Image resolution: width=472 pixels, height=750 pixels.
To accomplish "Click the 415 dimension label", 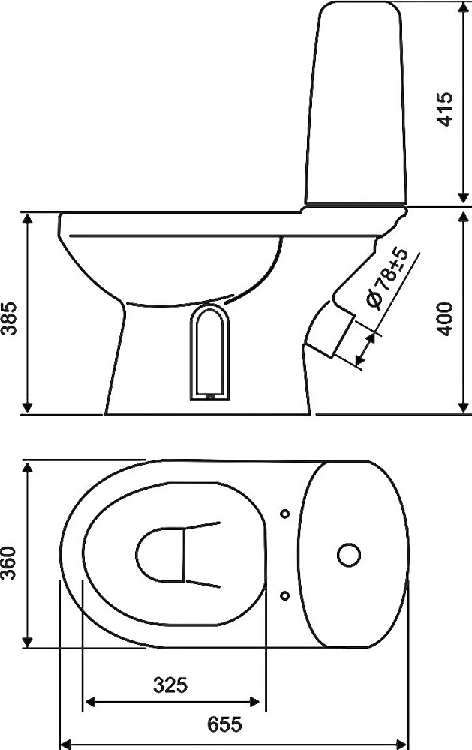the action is point(445,109).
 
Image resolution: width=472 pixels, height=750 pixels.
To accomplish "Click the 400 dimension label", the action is point(445,319).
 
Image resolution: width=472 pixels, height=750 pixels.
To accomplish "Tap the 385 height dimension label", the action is point(9,318).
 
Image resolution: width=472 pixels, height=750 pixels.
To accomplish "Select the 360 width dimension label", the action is point(9,563).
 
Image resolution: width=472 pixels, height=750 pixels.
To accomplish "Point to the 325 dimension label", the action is point(170,685).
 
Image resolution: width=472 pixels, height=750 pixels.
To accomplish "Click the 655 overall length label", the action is point(224,724).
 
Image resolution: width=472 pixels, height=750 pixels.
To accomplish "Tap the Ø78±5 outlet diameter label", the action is point(386,279).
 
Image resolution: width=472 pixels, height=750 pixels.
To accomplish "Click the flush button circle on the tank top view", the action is point(348,555).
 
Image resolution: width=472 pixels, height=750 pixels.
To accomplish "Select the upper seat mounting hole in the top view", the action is point(285,514).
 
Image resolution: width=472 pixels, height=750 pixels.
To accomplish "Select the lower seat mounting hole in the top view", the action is point(285,595).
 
